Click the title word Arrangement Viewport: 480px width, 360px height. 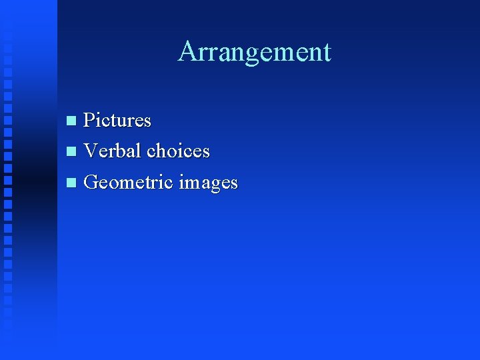[x=254, y=52]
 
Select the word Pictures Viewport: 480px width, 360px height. [x=117, y=121]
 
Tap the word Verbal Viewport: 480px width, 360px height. [x=113, y=151]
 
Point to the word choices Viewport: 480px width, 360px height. [x=179, y=151]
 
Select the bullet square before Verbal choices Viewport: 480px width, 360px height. [x=72, y=152]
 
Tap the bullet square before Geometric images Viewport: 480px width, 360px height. [x=72, y=183]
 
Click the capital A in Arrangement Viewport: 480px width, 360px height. [x=187, y=51]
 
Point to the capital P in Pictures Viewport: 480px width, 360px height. [x=90, y=121]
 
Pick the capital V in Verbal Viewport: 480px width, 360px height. [x=92, y=151]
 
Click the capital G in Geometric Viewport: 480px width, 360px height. [x=93, y=182]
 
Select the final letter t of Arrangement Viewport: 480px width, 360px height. [x=326, y=53]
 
